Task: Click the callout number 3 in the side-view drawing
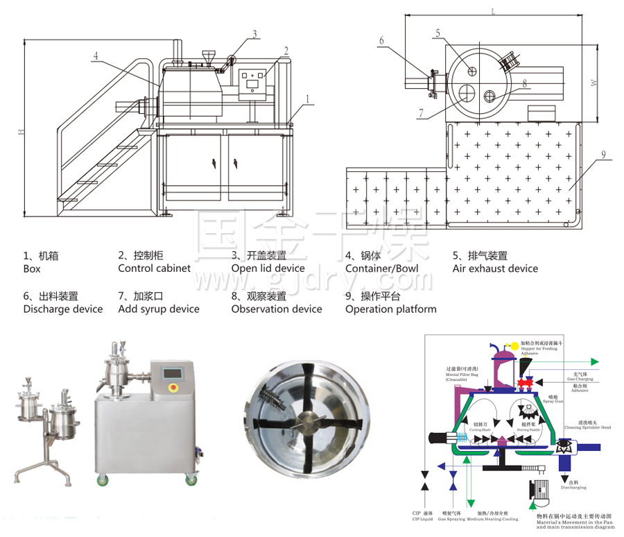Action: (x=255, y=33)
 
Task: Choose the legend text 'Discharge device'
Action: (x=62, y=309)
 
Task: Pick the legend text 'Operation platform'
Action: (x=390, y=309)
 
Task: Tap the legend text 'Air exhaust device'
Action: (x=495, y=268)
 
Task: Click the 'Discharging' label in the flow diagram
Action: (x=573, y=488)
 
